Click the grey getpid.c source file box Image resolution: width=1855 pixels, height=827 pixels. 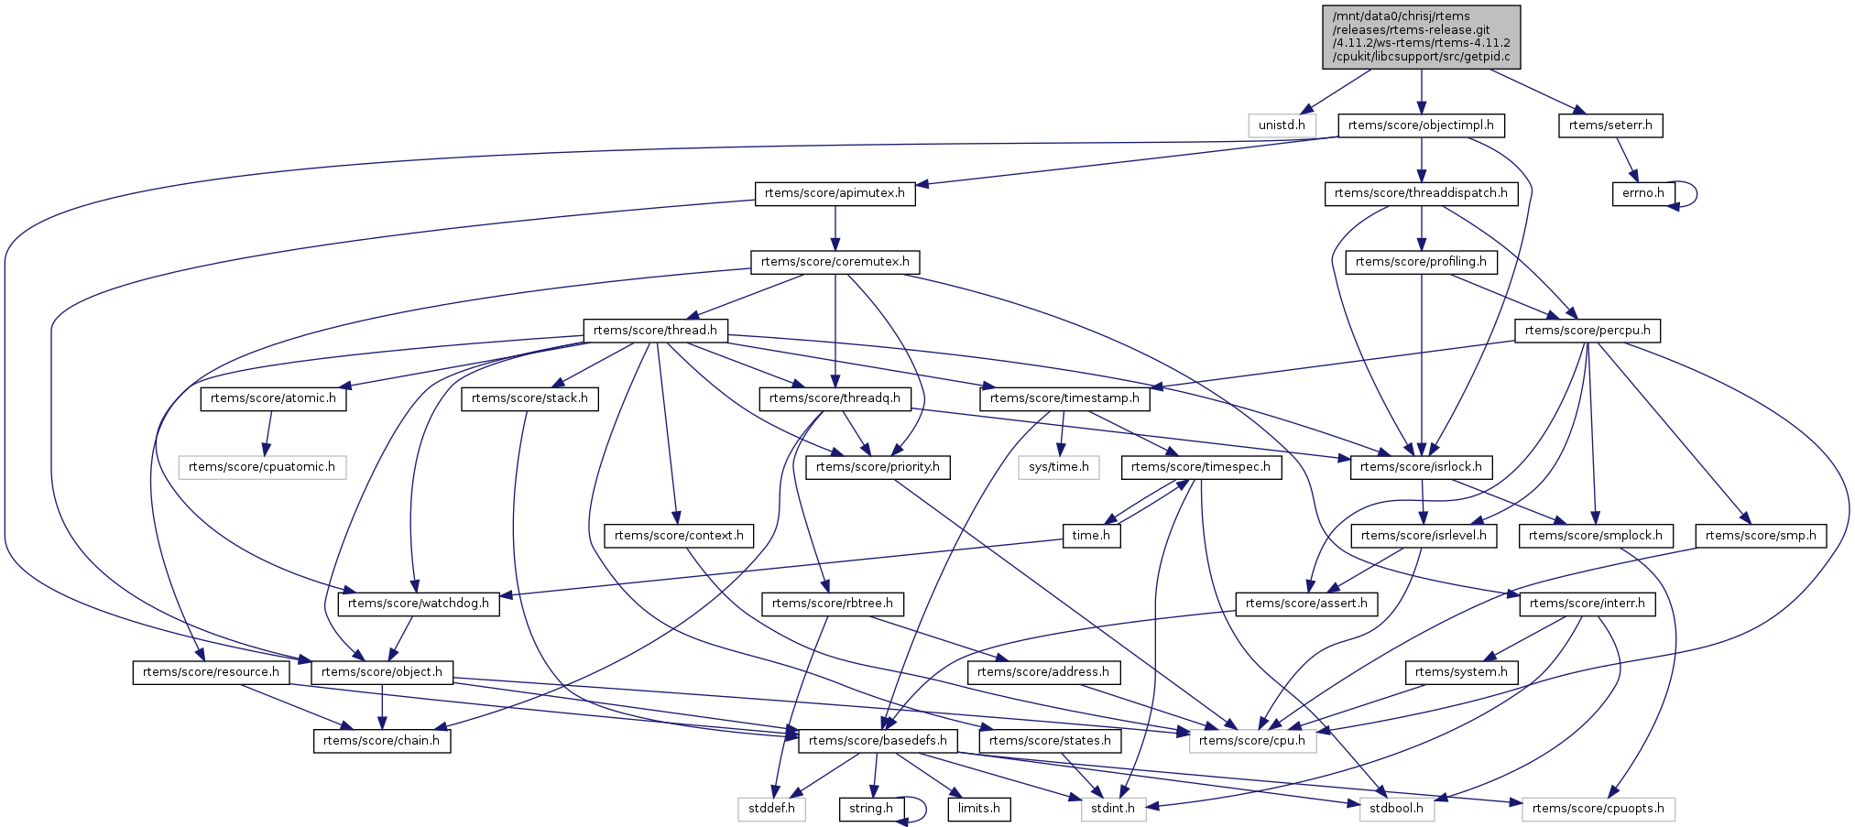point(1421,37)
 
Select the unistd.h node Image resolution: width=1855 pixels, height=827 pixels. point(1282,125)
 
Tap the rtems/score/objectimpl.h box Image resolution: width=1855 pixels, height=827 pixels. point(1421,125)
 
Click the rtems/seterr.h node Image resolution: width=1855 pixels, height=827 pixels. point(1610,125)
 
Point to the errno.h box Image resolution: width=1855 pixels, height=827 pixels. point(1643,193)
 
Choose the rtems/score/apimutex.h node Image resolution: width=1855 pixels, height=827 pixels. point(835,193)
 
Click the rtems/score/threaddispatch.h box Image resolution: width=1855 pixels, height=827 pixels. point(1421,193)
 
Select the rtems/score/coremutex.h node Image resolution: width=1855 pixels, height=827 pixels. point(835,262)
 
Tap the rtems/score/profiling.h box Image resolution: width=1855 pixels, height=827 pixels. point(1421,262)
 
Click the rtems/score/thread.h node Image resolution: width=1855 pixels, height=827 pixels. point(655,331)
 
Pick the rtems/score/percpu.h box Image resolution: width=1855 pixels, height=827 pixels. point(1588,331)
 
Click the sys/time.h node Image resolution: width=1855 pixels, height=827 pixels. point(1059,467)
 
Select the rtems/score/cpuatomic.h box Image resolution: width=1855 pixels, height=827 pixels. point(262,467)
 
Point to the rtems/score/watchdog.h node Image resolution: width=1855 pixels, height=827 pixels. point(419,604)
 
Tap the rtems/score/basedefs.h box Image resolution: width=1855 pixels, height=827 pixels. point(878,741)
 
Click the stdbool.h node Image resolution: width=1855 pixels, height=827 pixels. point(1396,809)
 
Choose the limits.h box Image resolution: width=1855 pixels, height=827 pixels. point(979,809)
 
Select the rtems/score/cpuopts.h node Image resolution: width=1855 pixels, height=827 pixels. point(1598,809)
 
